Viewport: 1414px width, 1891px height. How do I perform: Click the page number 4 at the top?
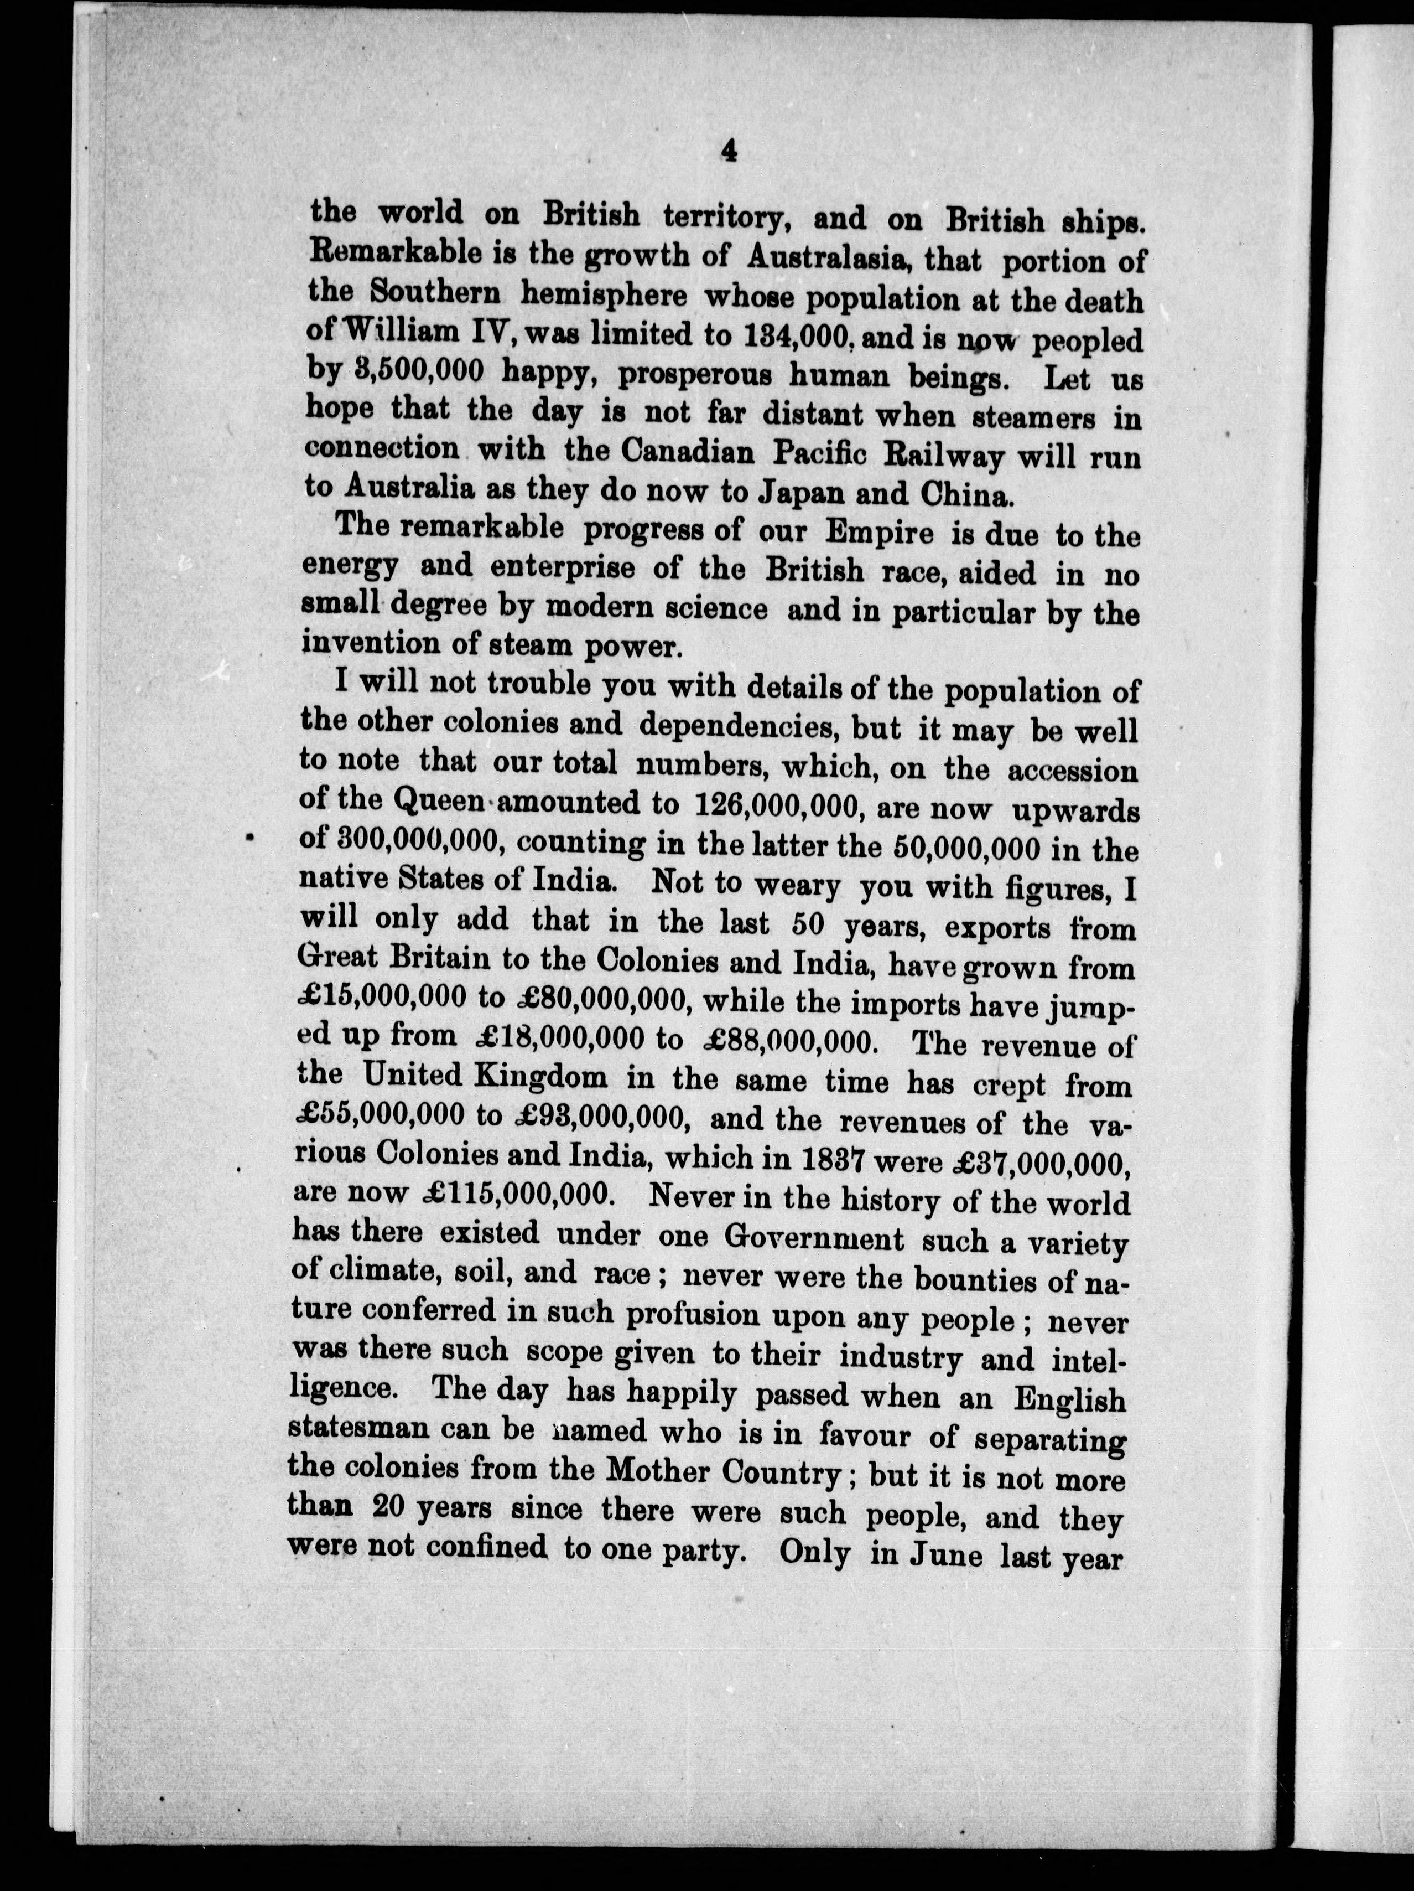728,151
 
